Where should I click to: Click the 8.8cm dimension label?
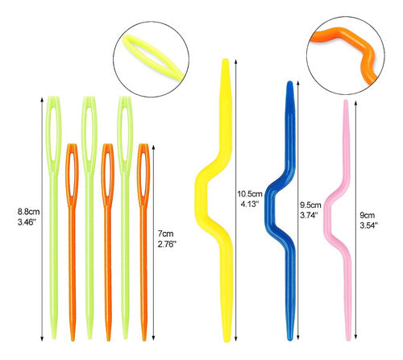click(29, 212)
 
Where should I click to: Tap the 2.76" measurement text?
click(167, 244)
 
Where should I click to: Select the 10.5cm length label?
click(250, 194)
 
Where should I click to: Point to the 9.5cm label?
click(310, 205)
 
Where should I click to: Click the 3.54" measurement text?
click(368, 226)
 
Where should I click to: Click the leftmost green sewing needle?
click(54, 217)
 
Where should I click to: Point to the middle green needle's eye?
click(89, 134)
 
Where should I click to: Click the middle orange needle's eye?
click(108, 175)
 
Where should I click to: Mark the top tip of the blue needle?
click(289, 81)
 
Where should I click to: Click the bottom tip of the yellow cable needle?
click(227, 341)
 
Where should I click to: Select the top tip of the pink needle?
click(346, 100)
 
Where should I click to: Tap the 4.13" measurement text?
click(250, 204)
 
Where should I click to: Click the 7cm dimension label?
click(166, 234)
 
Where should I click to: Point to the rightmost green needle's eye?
click(125, 134)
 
